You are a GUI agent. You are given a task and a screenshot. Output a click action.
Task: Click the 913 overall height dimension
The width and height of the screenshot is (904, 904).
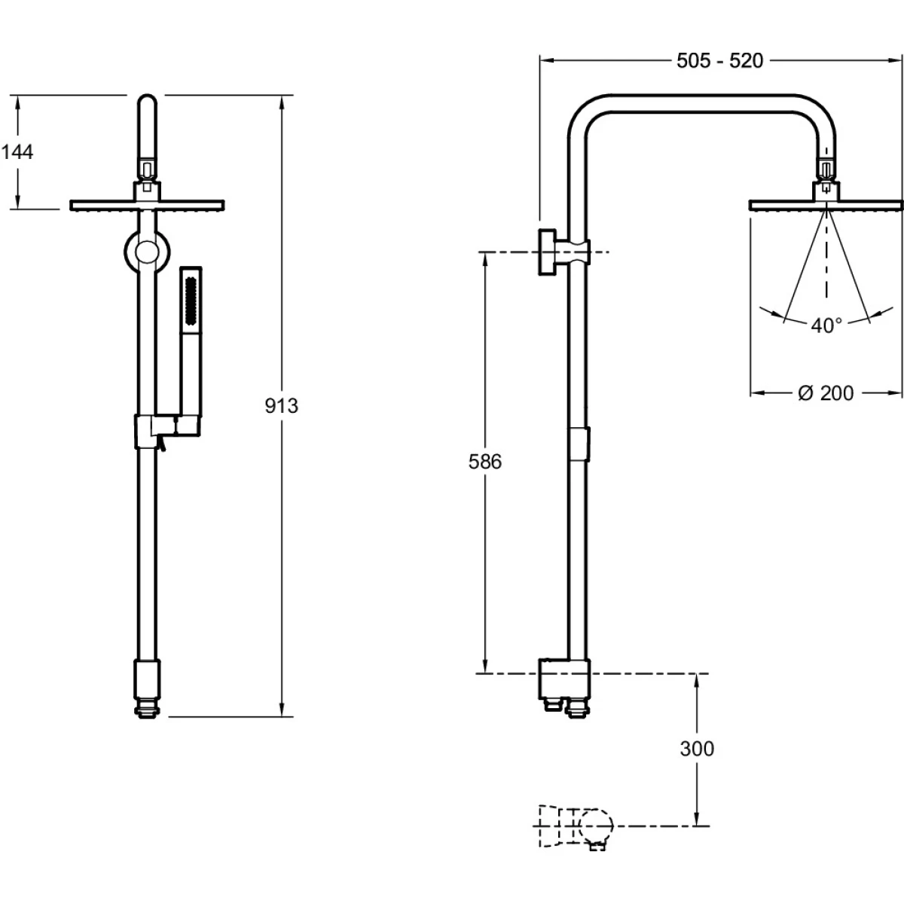click(x=282, y=406)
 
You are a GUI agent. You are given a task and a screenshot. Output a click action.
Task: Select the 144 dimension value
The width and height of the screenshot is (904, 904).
click(x=17, y=152)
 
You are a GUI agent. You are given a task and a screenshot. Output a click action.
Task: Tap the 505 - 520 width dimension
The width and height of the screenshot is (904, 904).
click(x=719, y=61)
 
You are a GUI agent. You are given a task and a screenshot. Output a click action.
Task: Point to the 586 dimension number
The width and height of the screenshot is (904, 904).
click(x=485, y=462)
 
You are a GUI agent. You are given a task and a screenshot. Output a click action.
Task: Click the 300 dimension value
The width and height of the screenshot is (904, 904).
click(x=697, y=749)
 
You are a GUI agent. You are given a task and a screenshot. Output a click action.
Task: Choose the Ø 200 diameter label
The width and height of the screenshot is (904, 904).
click(x=826, y=393)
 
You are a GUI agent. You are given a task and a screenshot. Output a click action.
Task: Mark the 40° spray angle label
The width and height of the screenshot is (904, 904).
click(x=826, y=325)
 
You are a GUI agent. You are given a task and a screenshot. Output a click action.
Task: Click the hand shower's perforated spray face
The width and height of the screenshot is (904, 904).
click(x=191, y=301)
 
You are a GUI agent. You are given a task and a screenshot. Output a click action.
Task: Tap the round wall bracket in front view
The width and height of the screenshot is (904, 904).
click(x=147, y=252)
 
